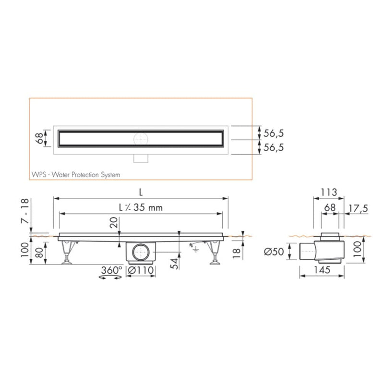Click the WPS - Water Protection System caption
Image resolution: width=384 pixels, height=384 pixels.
(76, 175)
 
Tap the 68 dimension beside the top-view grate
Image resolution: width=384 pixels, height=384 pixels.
(39, 139)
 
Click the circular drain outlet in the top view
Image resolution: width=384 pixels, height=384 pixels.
(140, 139)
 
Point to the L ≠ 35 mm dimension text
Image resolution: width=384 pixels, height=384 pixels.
(141, 208)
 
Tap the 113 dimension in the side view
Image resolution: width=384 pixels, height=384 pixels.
(328, 192)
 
